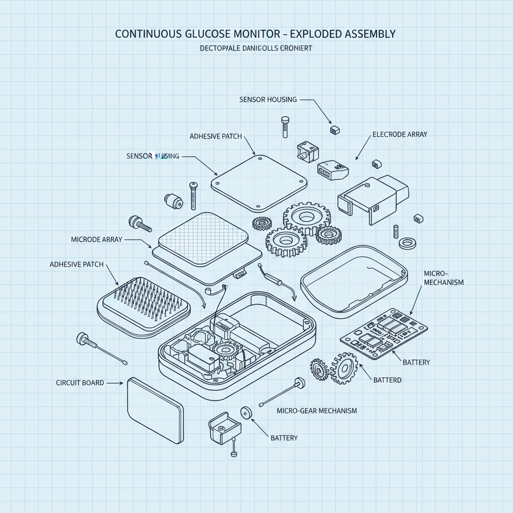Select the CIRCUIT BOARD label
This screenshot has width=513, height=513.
(80, 383)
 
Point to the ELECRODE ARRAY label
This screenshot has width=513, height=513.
(400, 135)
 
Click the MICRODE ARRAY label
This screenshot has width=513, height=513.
(97, 240)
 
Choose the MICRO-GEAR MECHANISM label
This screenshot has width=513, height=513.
(317, 411)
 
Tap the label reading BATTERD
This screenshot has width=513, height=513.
(387, 380)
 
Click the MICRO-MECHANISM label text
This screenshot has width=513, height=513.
(443, 278)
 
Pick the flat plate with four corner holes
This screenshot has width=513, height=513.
(259, 182)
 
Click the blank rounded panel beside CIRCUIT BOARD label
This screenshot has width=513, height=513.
(155, 410)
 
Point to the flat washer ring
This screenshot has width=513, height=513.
(408, 244)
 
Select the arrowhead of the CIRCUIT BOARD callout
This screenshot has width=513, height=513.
(121, 383)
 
